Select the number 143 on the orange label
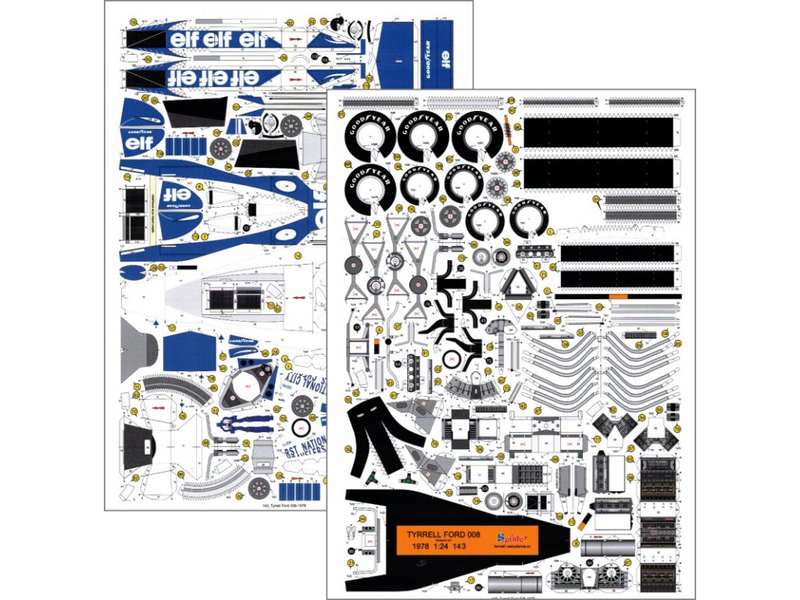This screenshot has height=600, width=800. [477, 547]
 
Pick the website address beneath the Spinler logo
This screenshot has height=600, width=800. [513, 548]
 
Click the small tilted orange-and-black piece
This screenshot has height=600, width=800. [587, 521]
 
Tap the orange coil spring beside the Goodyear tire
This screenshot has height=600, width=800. [511, 127]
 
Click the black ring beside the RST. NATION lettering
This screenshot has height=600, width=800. [300, 427]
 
